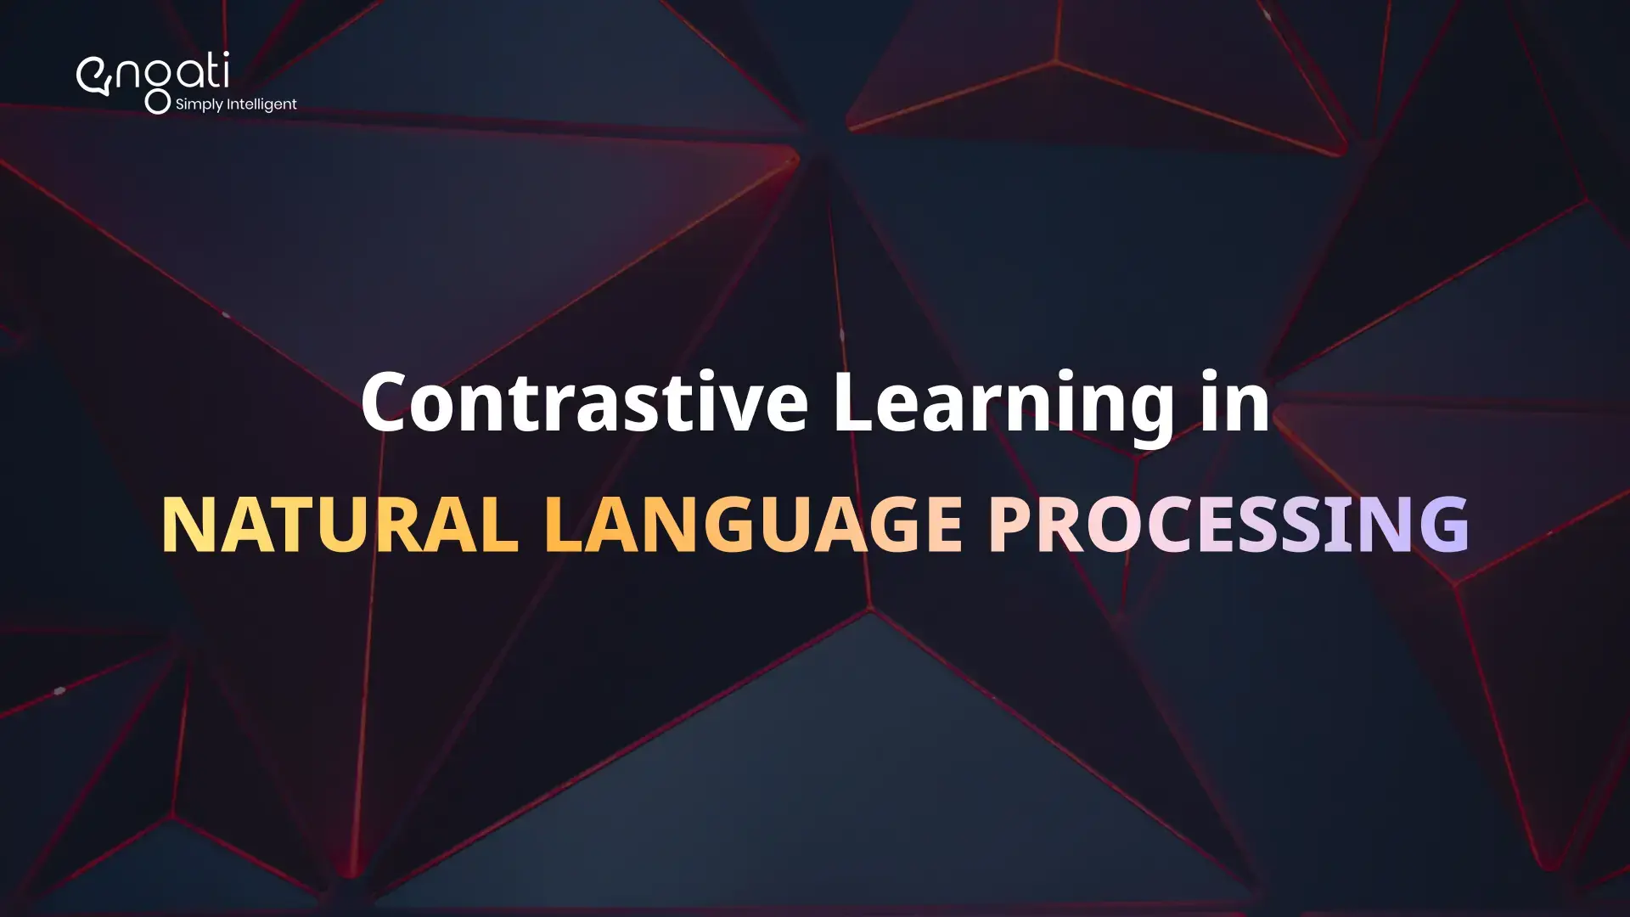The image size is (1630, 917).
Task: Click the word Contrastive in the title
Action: pos(584,402)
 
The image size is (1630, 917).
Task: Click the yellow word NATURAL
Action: pos(340,524)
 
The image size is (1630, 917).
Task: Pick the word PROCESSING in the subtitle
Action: pos(1228,524)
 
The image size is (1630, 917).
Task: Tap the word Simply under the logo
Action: pos(199,104)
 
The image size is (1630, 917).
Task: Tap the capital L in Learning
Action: pos(854,402)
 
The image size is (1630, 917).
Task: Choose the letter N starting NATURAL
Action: pos(185,524)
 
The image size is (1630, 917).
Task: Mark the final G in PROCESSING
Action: pos(1443,524)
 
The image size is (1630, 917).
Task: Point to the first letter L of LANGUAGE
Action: pos(563,524)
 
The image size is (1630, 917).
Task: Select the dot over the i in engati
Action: pos(225,55)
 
